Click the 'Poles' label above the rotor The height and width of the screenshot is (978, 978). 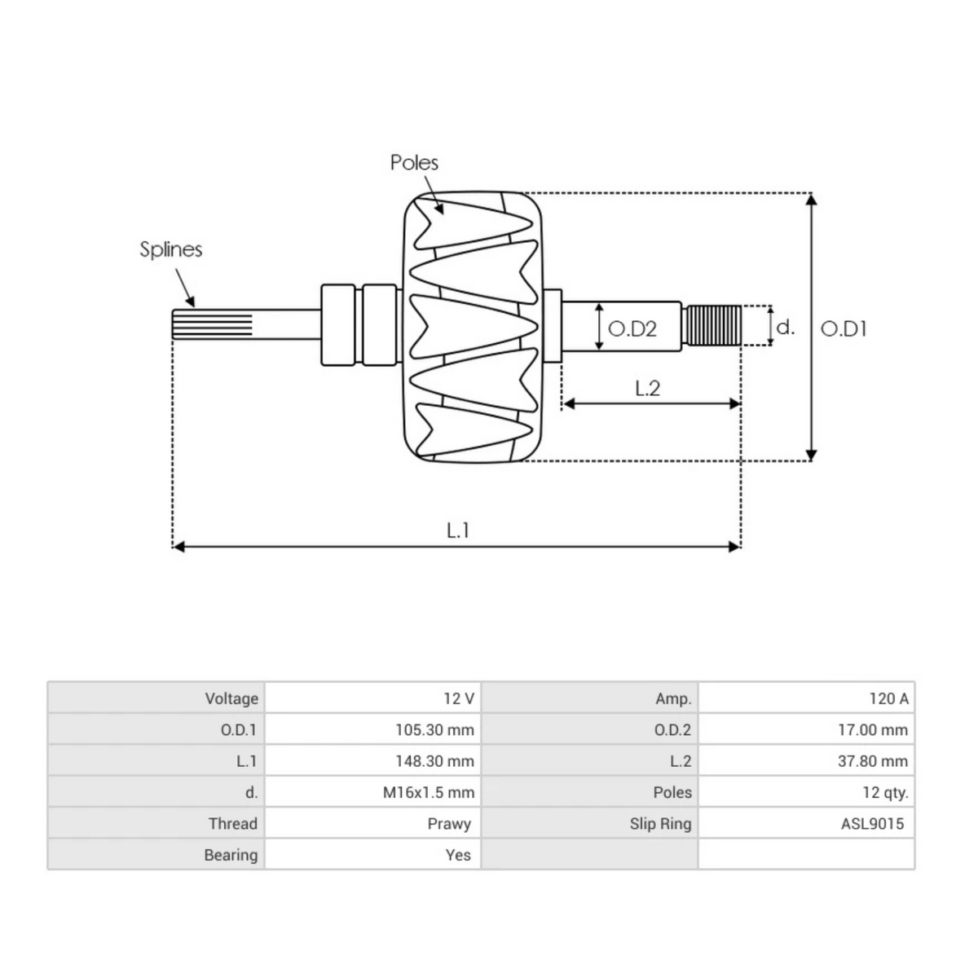point(414,162)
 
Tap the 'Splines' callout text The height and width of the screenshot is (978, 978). point(170,249)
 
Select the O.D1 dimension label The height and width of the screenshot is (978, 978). point(844,328)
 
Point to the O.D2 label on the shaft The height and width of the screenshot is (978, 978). point(632,328)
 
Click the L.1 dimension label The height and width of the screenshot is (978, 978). point(458,530)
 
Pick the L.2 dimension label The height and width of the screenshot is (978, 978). point(647,388)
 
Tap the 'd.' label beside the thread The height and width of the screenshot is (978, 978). point(785,327)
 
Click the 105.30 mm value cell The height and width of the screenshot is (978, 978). point(434,729)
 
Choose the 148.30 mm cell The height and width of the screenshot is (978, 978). point(434,761)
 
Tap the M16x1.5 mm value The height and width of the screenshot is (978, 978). point(429,792)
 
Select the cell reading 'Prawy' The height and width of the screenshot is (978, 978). point(449,823)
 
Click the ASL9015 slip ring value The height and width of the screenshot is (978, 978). point(872,823)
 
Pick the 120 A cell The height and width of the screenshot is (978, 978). point(888,698)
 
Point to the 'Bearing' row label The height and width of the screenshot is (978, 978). point(231,855)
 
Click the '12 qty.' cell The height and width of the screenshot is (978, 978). point(884,792)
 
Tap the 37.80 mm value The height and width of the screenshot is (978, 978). point(872,761)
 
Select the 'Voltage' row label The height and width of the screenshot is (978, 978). point(231,698)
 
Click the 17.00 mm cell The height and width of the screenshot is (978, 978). point(872,729)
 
